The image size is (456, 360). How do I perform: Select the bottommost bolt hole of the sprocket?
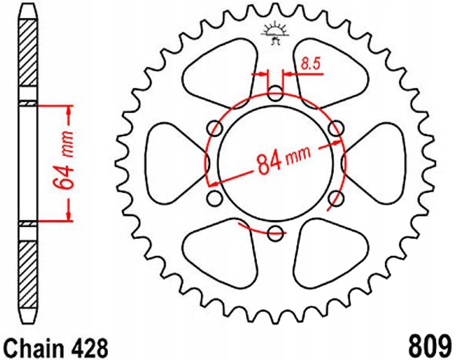(276, 231)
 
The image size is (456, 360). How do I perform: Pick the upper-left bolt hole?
(214, 127)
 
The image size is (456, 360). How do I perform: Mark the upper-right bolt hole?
(336, 127)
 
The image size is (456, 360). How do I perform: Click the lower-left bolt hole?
(214, 198)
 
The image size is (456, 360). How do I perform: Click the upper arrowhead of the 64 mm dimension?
(69, 110)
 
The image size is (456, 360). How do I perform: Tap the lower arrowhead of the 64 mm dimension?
(69, 215)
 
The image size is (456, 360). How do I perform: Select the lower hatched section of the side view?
(28, 272)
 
